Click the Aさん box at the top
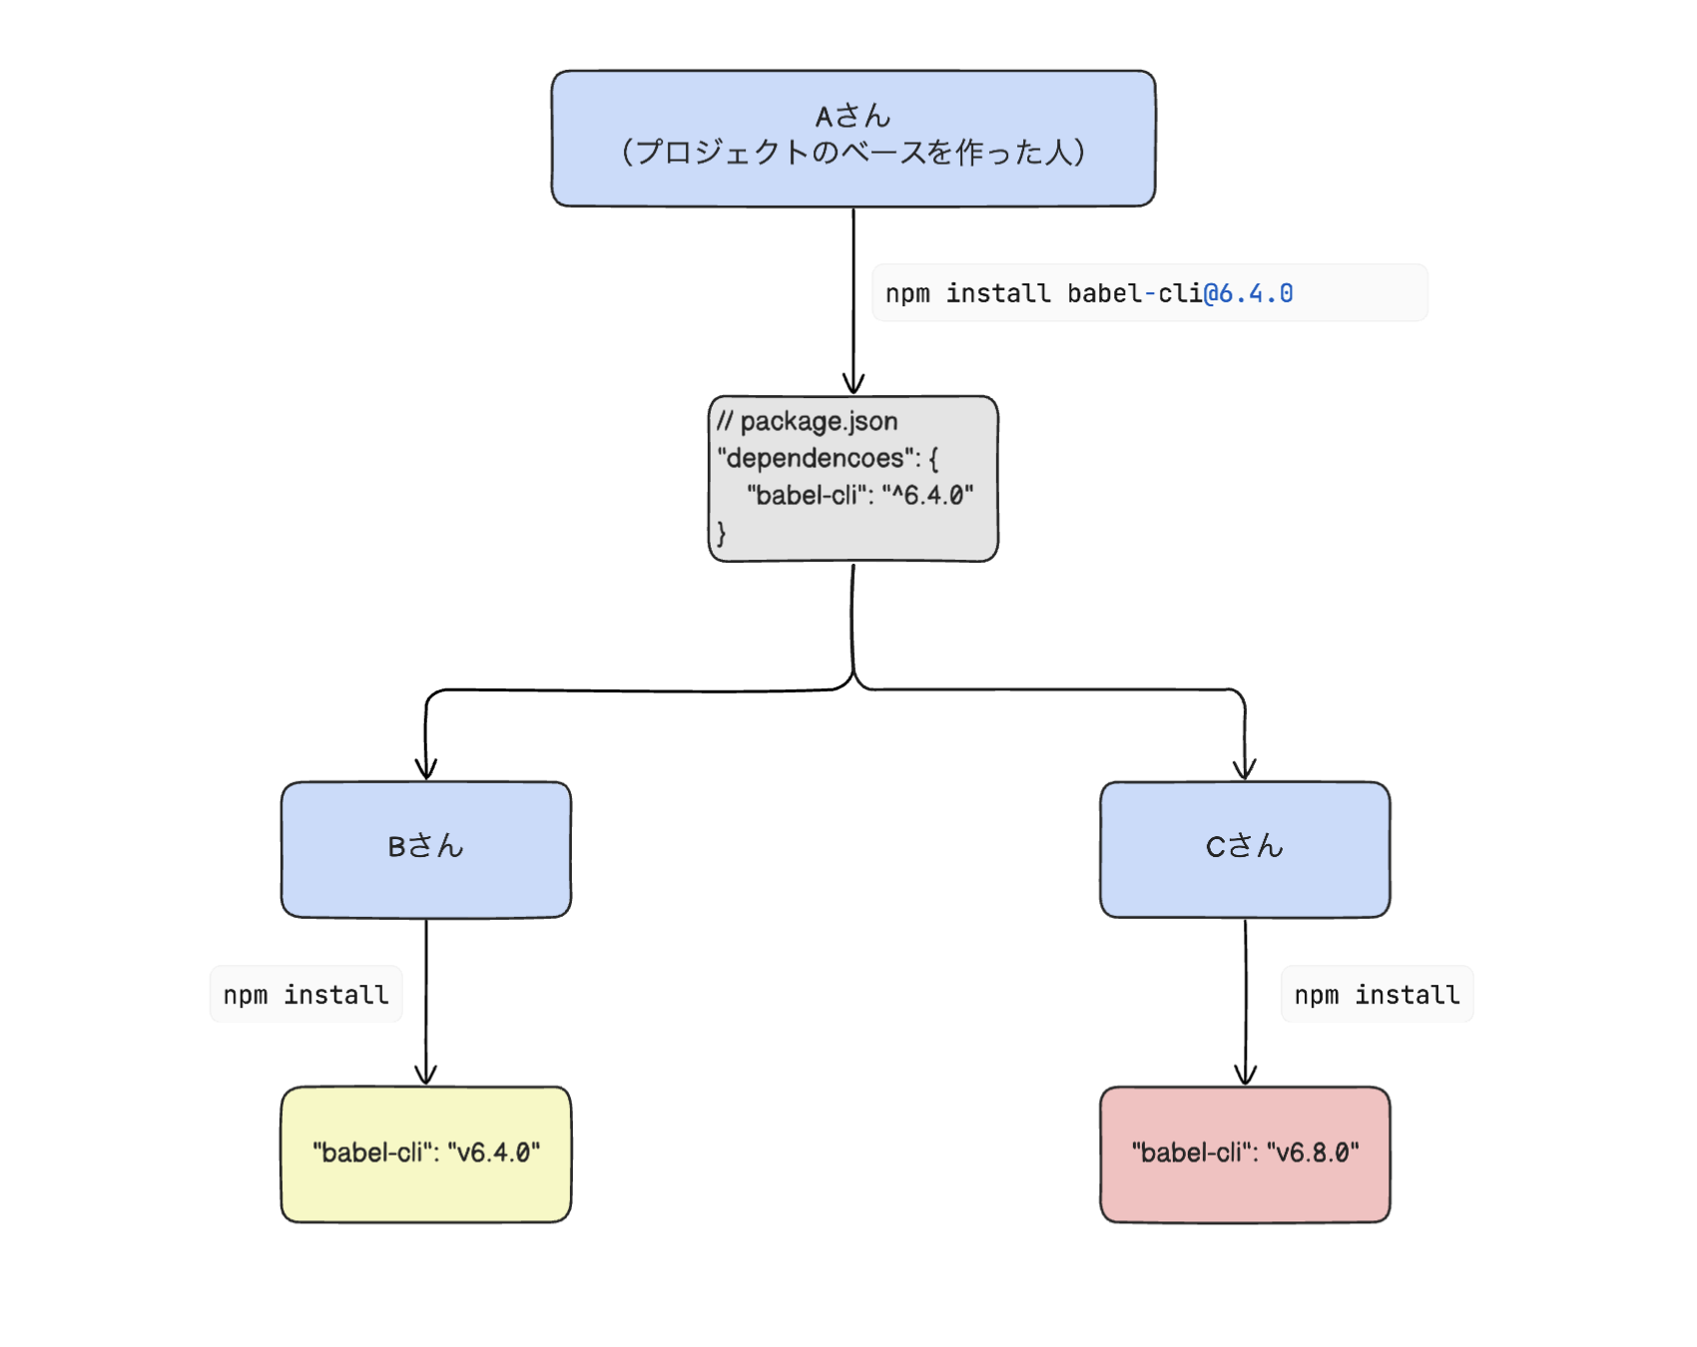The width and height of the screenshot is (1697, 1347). [x=853, y=138]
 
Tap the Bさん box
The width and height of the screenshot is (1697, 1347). [x=426, y=848]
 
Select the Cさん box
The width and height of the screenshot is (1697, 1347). [x=1245, y=848]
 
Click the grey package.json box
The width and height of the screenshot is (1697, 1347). [x=853, y=479]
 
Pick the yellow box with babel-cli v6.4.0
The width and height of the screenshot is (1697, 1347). [x=426, y=1153]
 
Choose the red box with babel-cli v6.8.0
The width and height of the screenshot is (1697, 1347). [x=1245, y=1153]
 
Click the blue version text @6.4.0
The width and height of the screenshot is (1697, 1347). [x=1249, y=293]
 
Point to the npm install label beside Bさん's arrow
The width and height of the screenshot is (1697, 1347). [x=305, y=995]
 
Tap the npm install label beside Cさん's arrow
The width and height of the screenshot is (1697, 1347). [x=1377, y=995]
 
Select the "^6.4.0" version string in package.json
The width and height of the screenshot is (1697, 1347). [x=927, y=495]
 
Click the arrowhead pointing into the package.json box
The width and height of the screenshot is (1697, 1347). [x=853, y=385]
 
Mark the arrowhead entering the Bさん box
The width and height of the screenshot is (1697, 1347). [x=426, y=770]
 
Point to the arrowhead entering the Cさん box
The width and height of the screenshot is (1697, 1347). [x=1245, y=770]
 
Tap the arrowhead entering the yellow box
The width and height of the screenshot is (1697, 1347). [x=426, y=1076]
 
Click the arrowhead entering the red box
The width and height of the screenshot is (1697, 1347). [x=1245, y=1076]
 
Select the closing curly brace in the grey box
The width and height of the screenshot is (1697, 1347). [x=722, y=533]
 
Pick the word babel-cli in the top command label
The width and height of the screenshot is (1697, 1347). [x=1134, y=293]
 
